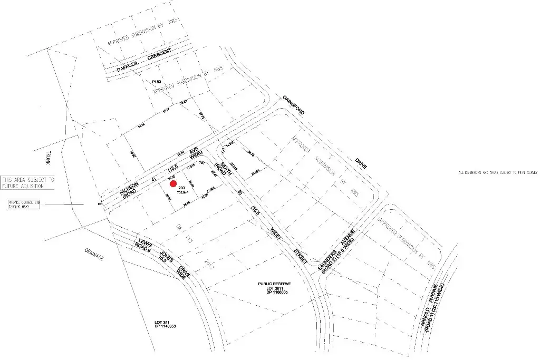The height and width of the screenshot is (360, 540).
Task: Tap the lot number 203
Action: pos(181,188)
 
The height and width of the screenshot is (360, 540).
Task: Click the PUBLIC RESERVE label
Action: pos(275,284)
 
